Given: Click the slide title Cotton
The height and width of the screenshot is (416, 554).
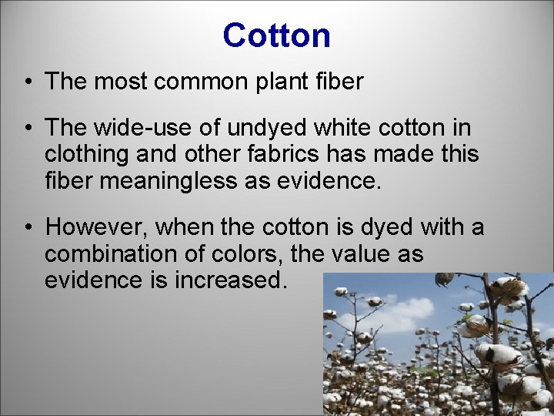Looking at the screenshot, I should (x=276, y=35).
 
